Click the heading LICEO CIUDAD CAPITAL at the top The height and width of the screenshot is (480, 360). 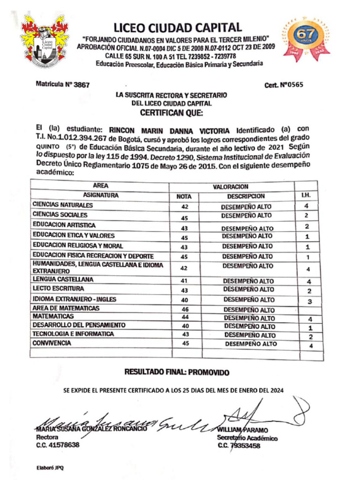click(177, 28)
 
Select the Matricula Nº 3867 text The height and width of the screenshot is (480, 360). click(62, 84)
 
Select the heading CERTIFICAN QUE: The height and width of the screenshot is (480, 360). click(172, 113)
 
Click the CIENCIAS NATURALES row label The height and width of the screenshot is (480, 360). click(62, 205)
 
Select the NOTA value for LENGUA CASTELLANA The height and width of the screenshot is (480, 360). click(184, 281)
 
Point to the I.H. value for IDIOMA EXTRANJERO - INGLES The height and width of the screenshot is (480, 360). click(309, 302)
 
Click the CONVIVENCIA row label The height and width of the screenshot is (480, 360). click(52, 343)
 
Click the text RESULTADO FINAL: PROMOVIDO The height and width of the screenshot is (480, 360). click(177, 372)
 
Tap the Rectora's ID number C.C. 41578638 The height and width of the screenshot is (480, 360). click(58, 445)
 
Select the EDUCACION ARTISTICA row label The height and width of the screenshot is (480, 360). click(64, 225)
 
